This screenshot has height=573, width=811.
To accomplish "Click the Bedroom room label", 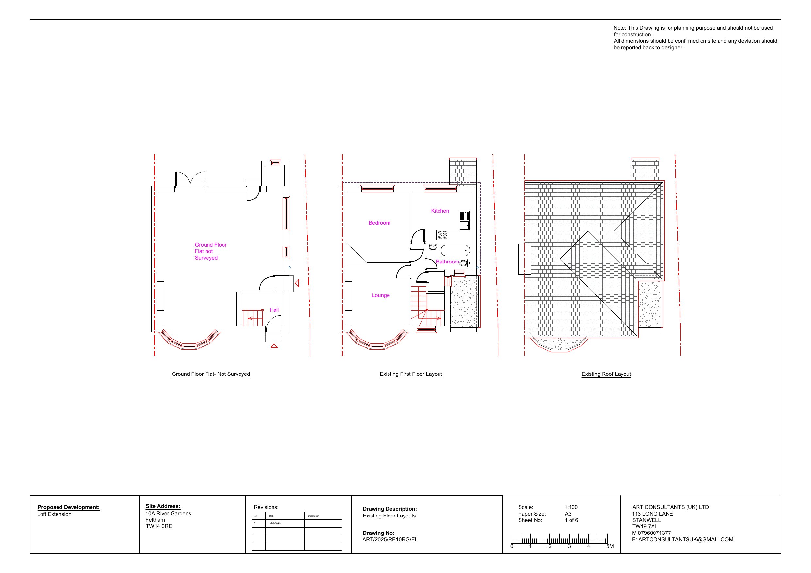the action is pos(379,223).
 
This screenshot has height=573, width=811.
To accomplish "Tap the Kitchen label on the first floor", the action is pos(440,211).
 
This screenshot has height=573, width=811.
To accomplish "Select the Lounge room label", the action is pos(380,295).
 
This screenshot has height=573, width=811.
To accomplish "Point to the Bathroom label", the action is pos(447,262).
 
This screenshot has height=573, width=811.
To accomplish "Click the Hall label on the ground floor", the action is pos(274,310).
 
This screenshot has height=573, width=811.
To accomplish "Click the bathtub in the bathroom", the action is pos(455,250).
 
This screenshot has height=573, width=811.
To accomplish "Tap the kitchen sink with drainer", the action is pos(465,220).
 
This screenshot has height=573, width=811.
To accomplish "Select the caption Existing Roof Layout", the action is pos(606,374).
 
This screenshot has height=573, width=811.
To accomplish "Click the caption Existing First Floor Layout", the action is pos(411,374).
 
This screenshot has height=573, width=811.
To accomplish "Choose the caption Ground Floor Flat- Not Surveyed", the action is pos(211,374).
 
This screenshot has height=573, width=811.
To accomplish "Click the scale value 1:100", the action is pos(571,507).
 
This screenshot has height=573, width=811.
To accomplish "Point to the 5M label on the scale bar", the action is pos(610,546).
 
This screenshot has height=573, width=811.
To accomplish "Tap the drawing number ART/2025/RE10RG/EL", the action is pos(390,539).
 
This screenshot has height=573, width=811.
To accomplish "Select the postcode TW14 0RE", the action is pos(158,526).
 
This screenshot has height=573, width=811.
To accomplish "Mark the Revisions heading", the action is pos(266,507).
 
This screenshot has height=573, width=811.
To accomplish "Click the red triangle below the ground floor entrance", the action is pos(274,346).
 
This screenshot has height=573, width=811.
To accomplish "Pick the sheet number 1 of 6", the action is pos(571,520).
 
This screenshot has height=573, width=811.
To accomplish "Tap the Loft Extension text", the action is pos(54,514).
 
